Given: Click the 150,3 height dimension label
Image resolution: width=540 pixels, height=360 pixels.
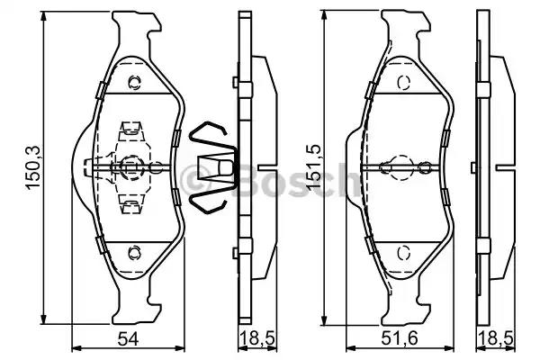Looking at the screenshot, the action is pos(34,167).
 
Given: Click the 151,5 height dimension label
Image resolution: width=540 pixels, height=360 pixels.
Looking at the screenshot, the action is pos(314,167).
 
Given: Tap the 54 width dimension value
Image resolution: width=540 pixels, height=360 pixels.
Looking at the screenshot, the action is pos(128,339).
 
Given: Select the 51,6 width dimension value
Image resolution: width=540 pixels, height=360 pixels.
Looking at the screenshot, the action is pos(399,339).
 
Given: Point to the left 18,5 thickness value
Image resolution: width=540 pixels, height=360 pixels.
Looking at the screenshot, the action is pos(258,340).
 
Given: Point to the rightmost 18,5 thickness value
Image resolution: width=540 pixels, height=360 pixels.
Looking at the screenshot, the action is pos(496,340).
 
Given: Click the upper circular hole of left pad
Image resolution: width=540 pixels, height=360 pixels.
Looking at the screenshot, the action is pos(134,82).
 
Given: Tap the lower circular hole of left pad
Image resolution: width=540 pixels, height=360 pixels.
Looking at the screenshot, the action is pos(134,253).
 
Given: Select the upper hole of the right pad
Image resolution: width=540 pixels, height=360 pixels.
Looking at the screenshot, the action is pos(403,82).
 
